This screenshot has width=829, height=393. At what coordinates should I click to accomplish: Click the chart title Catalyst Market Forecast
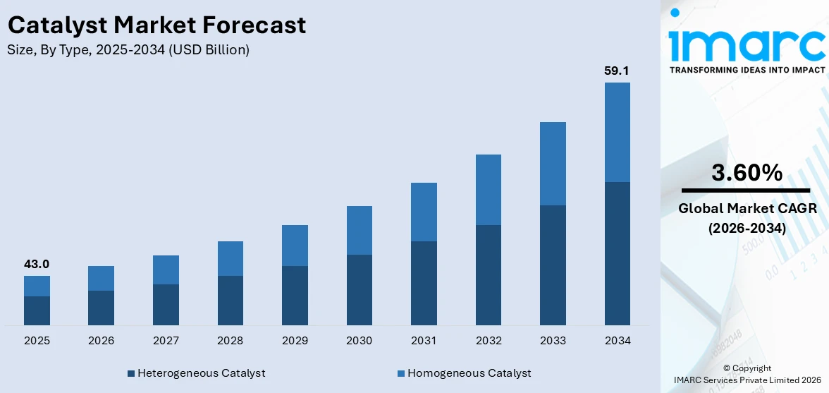click(156, 25)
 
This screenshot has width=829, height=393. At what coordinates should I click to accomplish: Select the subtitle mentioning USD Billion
click(128, 50)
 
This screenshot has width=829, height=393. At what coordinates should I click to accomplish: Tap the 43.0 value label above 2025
click(37, 264)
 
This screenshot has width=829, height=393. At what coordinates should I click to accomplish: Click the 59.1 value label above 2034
click(617, 71)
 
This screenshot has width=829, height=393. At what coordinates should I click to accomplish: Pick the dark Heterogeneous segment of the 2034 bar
click(617, 253)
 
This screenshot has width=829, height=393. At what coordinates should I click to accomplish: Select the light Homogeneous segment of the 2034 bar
click(617, 132)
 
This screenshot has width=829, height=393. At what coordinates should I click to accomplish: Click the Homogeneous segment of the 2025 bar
click(37, 286)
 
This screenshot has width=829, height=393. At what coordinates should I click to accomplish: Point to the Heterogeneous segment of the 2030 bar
click(359, 289)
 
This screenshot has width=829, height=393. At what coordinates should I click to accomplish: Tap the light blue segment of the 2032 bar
click(488, 189)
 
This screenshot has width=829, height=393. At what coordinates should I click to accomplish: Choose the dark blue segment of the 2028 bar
click(230, 300)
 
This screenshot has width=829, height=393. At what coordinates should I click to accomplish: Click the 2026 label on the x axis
click(102, 341)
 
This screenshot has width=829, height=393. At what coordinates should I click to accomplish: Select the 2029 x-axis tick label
click(295, 341)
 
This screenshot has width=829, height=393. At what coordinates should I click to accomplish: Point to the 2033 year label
click(553, 341)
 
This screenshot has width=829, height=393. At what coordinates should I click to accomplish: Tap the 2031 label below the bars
click(424, 341)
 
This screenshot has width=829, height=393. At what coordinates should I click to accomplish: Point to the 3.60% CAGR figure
click(747, 172)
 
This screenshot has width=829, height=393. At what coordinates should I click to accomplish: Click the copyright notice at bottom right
click(747, 374)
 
